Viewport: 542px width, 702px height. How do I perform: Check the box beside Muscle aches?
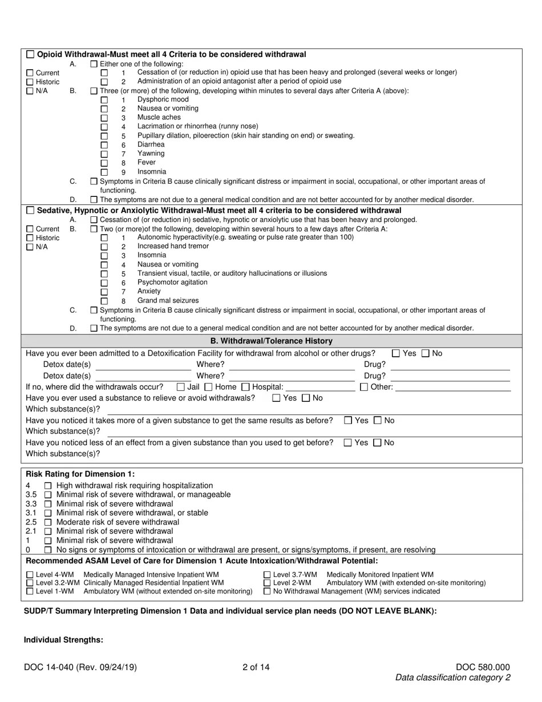coord(104,118)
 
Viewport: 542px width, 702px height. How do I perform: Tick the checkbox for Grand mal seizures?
coord(104,301)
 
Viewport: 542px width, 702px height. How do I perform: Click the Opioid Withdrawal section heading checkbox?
coord(30,54)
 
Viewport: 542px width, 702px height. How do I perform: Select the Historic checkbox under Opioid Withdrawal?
coord(30,82)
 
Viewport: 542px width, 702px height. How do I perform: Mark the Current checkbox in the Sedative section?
coord(30,229)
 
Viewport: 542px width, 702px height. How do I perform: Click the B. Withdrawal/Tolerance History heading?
coord(272,341)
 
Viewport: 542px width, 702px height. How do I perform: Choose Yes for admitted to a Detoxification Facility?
coord(397,353)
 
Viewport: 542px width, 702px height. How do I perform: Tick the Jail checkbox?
coord(181,387)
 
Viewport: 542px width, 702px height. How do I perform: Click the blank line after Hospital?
coord(319,387)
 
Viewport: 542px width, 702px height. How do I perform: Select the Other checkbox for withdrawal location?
coord(364,387)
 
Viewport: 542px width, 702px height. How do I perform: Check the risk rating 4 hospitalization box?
coord(48,486)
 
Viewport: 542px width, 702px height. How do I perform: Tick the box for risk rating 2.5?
coord(48,522)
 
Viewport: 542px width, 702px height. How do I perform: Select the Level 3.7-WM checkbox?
coord(267,575)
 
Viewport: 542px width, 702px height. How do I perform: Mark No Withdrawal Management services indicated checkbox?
coord(267,591)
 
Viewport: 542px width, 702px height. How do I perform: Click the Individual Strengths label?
coord(63,640)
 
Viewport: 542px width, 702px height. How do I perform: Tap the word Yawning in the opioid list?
coord(151,154)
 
